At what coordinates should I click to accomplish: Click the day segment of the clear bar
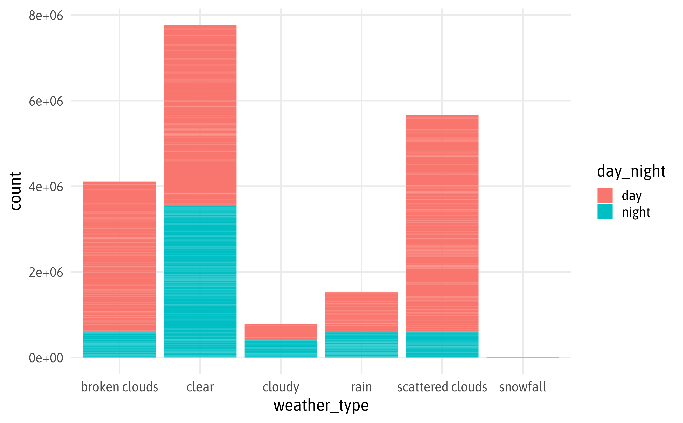tap(200, 115)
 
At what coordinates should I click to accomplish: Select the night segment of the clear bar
tap(200, 281)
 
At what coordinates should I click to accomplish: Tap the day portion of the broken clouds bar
tap(119, 256)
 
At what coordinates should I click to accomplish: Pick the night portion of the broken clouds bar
tap(119, 344)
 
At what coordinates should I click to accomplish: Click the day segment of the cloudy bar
tap(281, 332)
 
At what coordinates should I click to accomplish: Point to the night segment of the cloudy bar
tap(281, 348)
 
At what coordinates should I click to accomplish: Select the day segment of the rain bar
tap(361, 312)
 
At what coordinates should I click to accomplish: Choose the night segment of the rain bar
tap(361, 345)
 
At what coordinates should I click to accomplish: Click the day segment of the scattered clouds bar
tap(442, 223)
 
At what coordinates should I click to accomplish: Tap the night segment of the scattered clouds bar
tap(442, 344)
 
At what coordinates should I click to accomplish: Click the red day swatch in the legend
tap(605, 195)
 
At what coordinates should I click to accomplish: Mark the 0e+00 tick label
tap(46, 358)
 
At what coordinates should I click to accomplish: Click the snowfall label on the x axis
tap(522, 387)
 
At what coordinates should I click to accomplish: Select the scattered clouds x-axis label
tap(442, 387)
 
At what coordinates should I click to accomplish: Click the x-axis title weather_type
tap(321, 405)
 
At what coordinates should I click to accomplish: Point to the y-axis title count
tap(16, 191)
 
